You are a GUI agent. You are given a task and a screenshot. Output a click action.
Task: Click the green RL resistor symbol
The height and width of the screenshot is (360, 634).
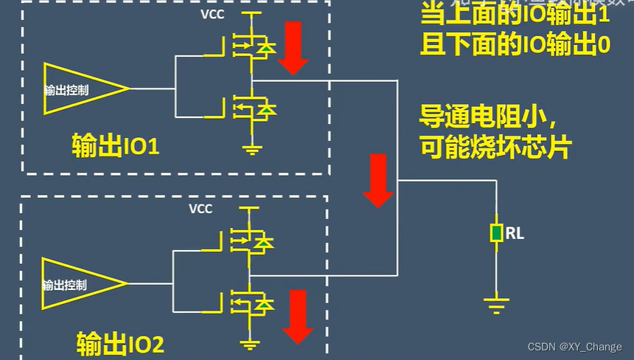pos(498,234)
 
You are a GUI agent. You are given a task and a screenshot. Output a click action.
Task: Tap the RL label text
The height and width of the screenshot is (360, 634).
pos(515,234)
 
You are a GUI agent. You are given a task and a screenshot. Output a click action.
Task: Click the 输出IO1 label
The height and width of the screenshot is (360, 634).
pos(116,145)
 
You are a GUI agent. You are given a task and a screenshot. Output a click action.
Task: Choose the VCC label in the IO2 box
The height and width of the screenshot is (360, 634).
pos(201,209)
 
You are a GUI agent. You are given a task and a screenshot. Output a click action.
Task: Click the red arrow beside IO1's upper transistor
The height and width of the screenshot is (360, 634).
pos(293,48)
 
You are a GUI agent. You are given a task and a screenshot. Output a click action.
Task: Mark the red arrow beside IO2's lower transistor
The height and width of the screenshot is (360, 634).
pos(299,316)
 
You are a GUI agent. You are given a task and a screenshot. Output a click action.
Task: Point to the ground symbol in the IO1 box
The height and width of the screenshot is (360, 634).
pos(253,150)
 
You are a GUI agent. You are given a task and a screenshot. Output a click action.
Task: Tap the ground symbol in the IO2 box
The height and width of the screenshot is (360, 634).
pos(251,343)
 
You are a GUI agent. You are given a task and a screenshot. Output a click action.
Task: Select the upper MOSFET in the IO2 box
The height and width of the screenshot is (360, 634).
pos(248,240)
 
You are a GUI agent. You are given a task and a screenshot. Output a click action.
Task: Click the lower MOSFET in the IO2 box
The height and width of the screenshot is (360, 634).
pos(248,302)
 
